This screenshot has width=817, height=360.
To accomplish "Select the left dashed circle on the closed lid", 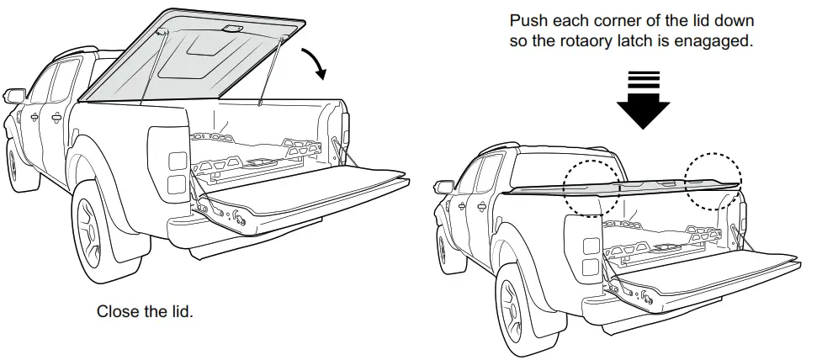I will [590, 183].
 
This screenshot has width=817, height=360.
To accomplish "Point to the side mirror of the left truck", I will [14, 96].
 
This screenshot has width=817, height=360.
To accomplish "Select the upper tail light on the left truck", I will [178, 160].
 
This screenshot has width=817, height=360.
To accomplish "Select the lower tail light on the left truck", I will [178, 183].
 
